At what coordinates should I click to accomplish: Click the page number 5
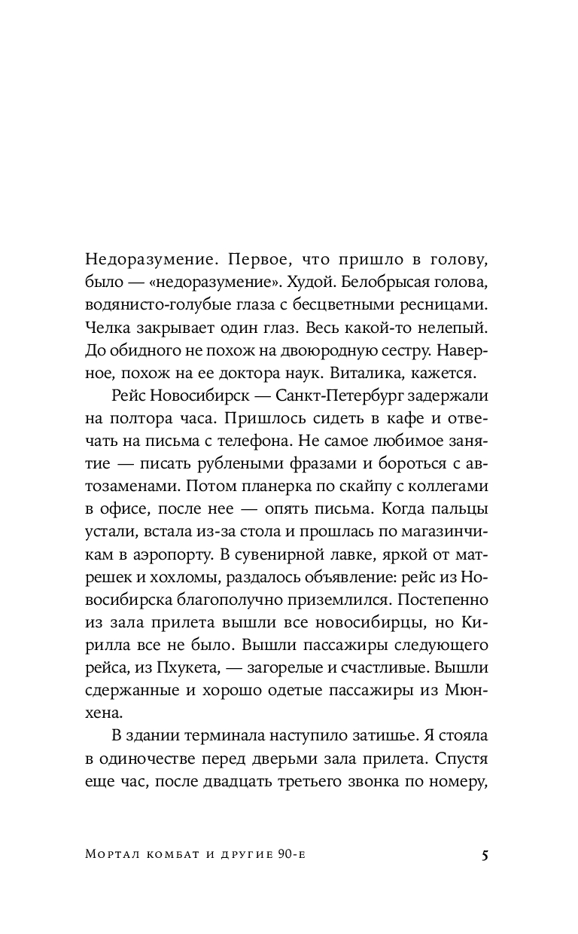[485, 855]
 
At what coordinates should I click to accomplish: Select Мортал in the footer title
[111, 856]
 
